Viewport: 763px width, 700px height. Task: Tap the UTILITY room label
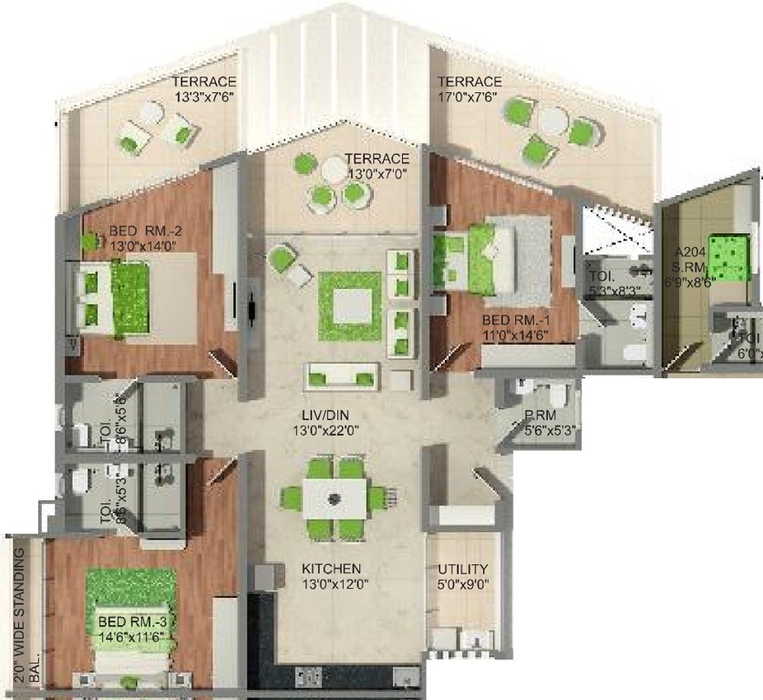[x=462, y=569]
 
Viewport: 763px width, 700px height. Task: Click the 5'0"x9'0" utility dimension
[x=462, y=585]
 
